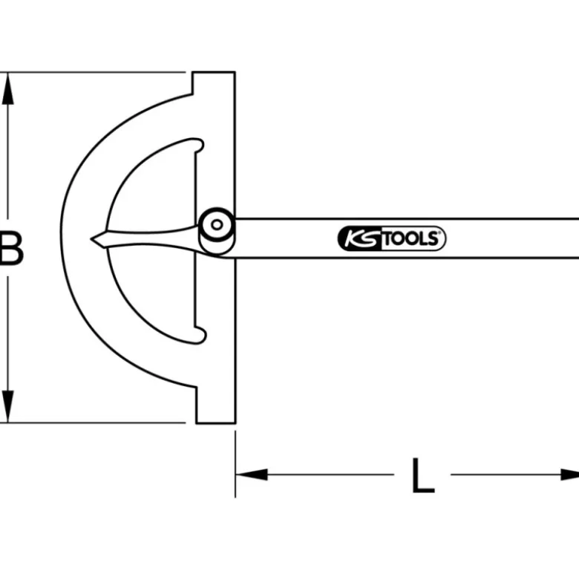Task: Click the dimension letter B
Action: (x=11, y=248)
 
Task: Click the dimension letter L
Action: (x=423, y=475)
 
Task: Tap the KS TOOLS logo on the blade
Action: (x=391, y=238)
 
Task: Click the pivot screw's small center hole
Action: (x=217, y=224)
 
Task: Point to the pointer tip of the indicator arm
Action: (x=91, y=239)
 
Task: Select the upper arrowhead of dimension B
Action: (x=7, y=89)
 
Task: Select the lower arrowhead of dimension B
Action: (x=7, y=406)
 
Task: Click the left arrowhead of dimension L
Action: (x=252, y=475)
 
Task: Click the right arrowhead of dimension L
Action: (x=570, y=475)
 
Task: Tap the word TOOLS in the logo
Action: (x=410, y=239)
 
